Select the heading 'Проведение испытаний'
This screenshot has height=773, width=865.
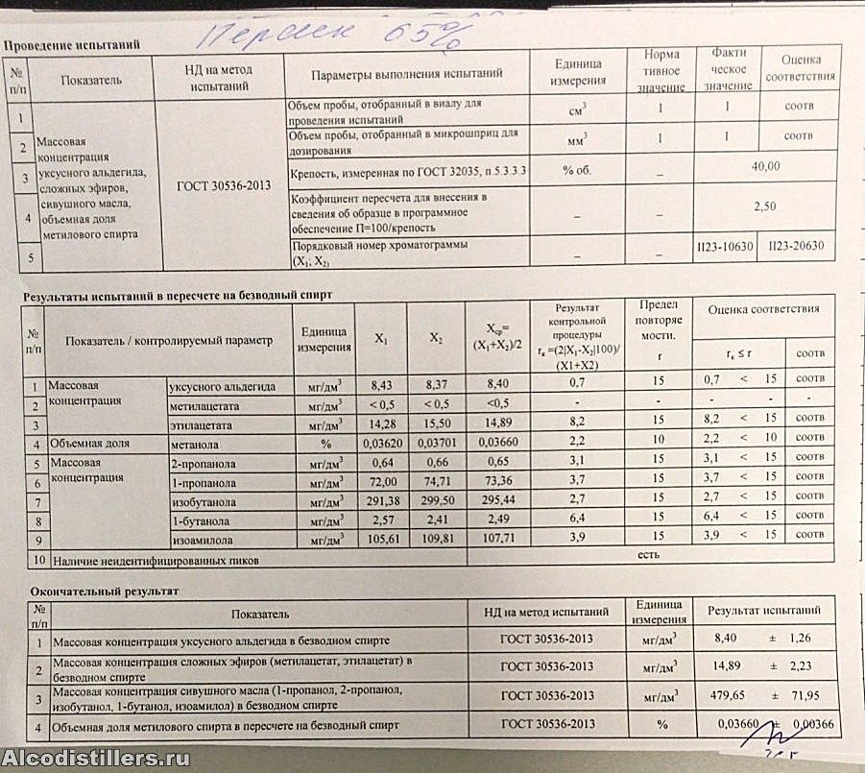pyautogui.click(x=72, y=45)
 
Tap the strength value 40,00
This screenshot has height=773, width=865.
pyautogui.click(x=765, y=167)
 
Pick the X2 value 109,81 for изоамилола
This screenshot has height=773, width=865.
pyautogui.click(x=435, y=537)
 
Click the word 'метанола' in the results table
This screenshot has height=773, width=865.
pyautogui.click(x=196, y=445)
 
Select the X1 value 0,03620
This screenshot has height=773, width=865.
pyautogui.click(x=381, y=445)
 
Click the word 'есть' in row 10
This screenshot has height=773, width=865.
pyautogui.click(x=649, y=555)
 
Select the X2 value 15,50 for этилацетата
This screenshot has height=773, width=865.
pyautogui.click(x=435, y=424)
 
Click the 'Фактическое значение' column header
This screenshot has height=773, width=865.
pyautogui.click(x=728, y=70)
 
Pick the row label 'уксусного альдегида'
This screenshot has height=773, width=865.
pyautogui.click(x=222, y=387)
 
